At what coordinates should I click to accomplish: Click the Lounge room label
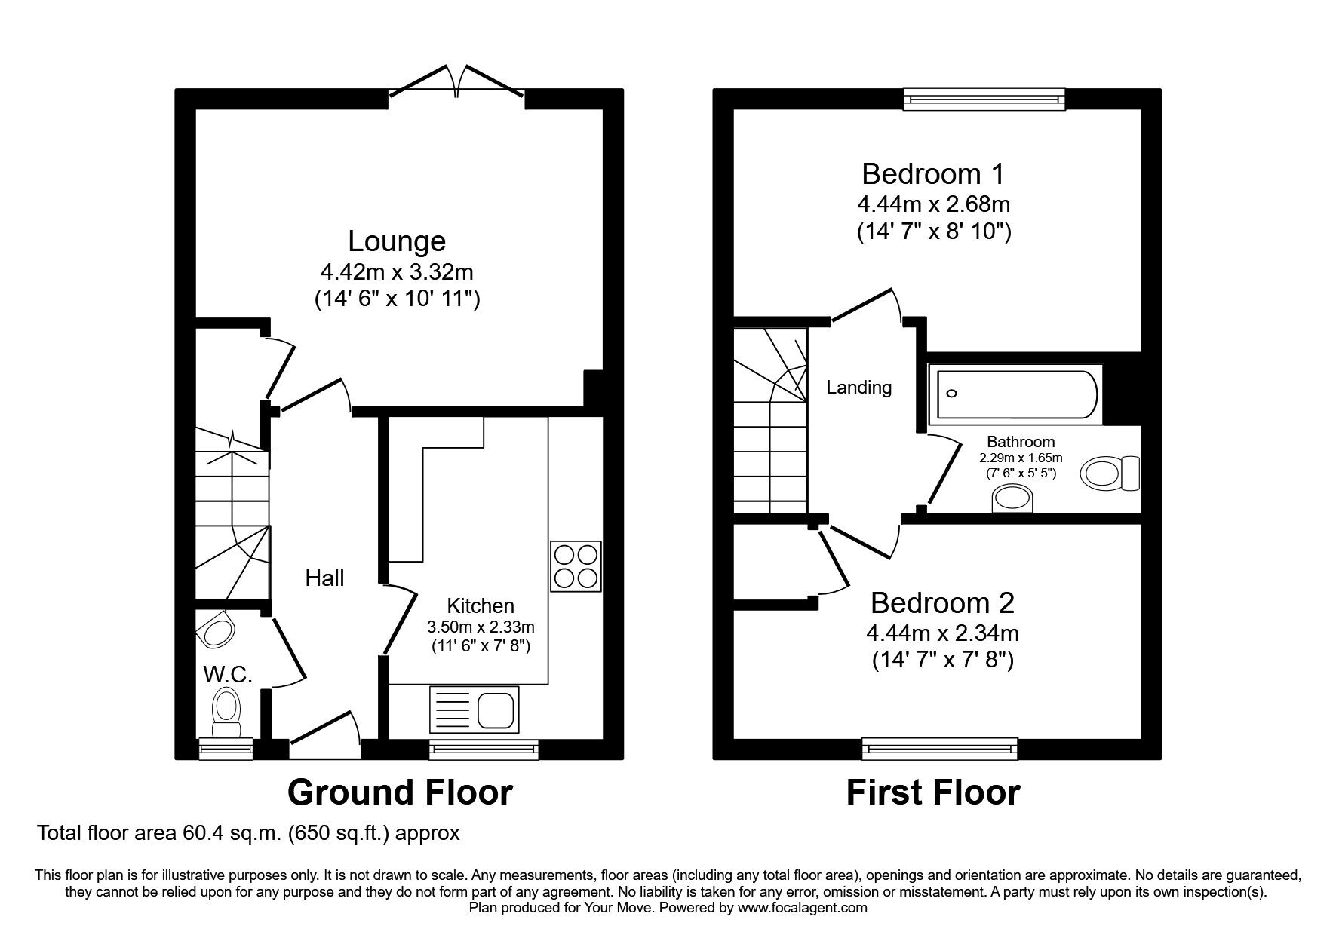(397, 241)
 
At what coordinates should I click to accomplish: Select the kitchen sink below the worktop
(473, 709)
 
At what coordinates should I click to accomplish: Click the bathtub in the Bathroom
(1015, 394)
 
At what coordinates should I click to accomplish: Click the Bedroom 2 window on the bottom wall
(938, 748)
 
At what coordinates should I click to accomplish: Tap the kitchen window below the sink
(484, 748)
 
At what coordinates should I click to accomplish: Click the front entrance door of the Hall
(324, 735)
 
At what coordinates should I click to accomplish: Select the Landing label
(858, 388)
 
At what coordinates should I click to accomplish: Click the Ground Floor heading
(400, 792)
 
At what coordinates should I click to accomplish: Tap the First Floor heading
(933, 792)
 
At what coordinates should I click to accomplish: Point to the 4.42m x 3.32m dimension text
(397, 271)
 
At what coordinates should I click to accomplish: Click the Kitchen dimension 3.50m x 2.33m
(481, 627)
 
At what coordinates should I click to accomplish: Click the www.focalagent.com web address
(802, 908)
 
